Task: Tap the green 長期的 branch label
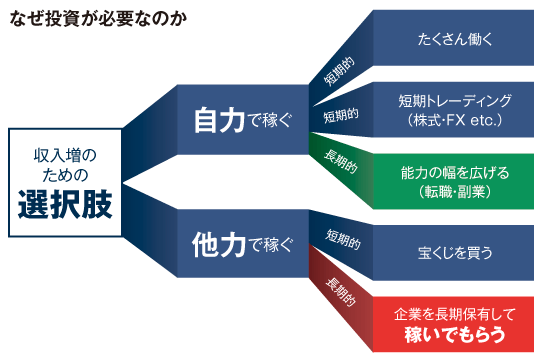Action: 340,161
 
